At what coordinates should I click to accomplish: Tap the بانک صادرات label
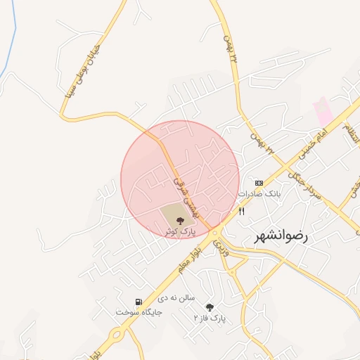[259, 193]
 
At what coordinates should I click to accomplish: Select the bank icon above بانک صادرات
[259, 182]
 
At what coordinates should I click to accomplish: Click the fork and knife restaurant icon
[242, 210]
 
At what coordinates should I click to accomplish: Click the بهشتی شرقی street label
[186, 194]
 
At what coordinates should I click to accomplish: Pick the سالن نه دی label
[175, 298]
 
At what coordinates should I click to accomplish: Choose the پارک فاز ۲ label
[210, 318]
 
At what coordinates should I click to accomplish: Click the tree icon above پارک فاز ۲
[210, 307]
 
